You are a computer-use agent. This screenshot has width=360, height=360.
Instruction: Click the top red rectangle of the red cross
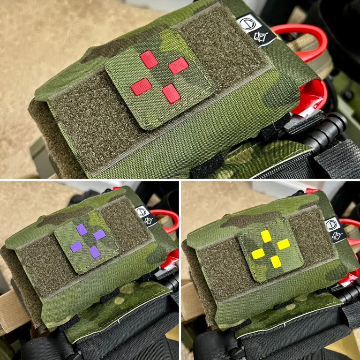coord(149,59)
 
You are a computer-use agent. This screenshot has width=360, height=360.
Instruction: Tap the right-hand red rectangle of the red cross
coord(178,66)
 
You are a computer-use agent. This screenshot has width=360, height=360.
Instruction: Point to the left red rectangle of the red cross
coord(141,86)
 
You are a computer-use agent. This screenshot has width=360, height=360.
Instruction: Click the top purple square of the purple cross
coord(82,229)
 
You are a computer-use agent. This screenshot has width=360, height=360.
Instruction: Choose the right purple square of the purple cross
coord(99,235)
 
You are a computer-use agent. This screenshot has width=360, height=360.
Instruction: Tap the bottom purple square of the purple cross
coord(94,252)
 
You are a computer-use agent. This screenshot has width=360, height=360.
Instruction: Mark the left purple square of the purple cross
coord(76,246)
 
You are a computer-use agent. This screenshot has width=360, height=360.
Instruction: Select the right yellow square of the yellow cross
coord(283,244)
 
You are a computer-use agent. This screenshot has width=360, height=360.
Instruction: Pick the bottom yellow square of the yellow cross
coord(276,261)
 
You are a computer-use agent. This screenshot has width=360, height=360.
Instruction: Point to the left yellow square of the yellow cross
coord(258,254)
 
